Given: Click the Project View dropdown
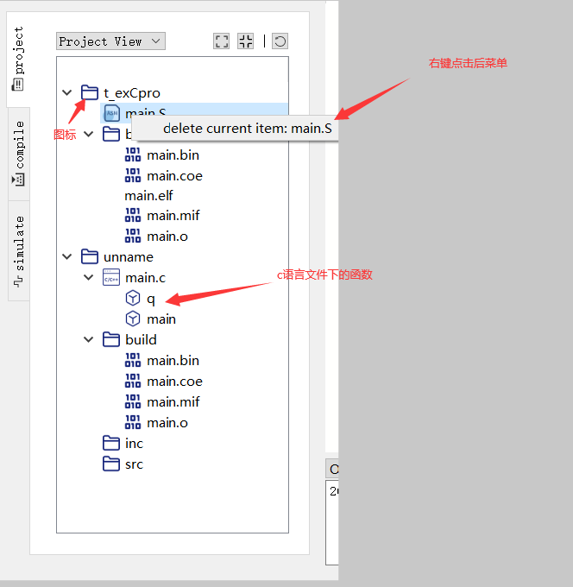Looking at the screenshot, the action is point(110,41).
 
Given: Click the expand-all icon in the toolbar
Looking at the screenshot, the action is point(222,41).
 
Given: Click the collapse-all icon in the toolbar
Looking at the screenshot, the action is point(246,41).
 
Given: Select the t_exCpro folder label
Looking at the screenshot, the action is point(131,93).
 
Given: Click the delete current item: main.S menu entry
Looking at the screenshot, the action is point(247,129).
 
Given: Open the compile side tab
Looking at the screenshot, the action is point(18,154).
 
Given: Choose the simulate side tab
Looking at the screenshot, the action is point(18,250).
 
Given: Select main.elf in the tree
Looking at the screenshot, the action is point(148,196).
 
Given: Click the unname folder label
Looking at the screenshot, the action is point(128,257).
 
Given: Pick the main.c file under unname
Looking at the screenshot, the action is point(145,278).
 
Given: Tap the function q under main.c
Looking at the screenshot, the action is point(150,299).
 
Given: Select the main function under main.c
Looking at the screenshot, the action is point(161,319).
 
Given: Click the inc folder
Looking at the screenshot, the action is point(134,444).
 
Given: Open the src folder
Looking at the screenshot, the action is point(134,464).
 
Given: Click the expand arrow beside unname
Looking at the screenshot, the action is point(67,257).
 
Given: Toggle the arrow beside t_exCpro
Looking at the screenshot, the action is point(67,93).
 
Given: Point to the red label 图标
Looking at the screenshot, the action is point(65,136).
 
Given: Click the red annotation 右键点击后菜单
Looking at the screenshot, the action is point(468,63).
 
